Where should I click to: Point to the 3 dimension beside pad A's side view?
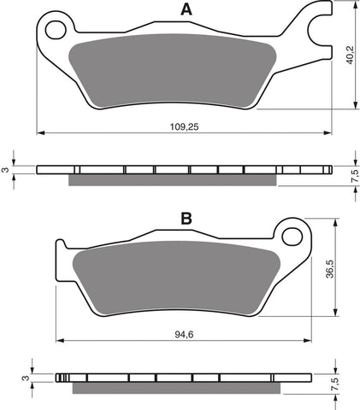(6, 170)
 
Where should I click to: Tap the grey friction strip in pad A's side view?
(171, 179)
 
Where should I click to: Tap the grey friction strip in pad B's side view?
(175, 387)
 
